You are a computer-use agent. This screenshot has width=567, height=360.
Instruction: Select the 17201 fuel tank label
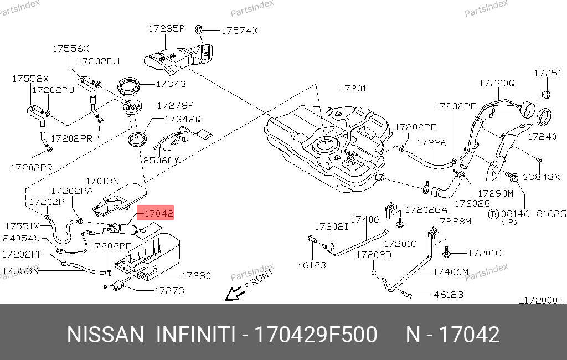[x=353, y=88]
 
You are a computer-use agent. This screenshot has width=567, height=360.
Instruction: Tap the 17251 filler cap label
[x=547, y=73]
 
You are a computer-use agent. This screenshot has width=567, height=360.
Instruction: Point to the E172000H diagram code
[x=540, y=300]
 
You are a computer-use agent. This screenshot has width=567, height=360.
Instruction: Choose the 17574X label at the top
[x=239, y=31]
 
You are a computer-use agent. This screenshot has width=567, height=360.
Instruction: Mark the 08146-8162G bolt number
[x=533, y=213]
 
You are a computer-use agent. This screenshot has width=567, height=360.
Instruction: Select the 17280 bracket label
[x=196, y=275]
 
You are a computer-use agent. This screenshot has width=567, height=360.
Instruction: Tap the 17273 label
[x=169, y=290]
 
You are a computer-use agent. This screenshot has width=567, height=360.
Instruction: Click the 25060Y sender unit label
[x=162, y=161]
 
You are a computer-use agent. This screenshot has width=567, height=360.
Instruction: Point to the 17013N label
[x=102, y=181]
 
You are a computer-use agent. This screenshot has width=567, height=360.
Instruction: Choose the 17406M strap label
[x=450, y=271]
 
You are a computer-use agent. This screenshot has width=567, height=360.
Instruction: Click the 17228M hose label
[x=452, y=221]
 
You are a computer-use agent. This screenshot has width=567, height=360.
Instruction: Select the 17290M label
[x=496, y=193]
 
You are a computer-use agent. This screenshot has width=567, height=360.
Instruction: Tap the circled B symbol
[x=493, y=213]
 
